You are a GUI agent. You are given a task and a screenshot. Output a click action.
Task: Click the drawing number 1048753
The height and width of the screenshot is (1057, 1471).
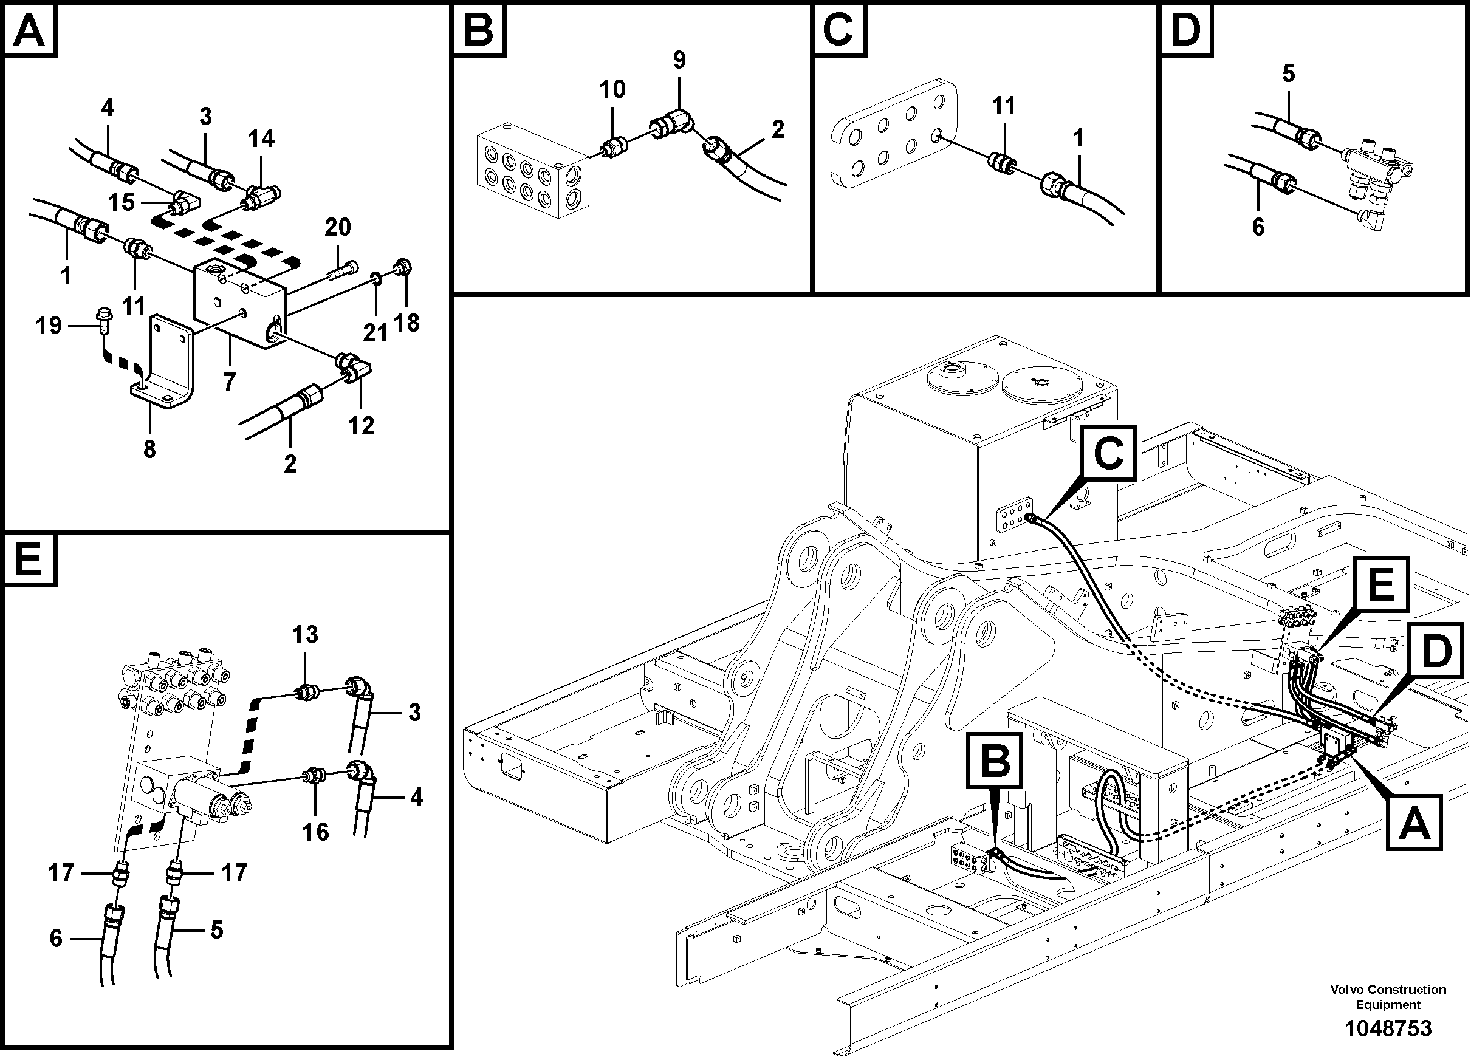(1387, 1029)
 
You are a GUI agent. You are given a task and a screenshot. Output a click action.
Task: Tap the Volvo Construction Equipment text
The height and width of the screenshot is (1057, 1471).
(1387, 997)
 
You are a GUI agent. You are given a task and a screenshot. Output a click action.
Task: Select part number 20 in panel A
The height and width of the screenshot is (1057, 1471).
(337, 227)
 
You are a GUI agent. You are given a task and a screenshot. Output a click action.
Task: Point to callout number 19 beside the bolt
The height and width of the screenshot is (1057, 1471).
(49, 325)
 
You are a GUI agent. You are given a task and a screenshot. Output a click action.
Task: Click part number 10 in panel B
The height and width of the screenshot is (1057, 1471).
(612, 89)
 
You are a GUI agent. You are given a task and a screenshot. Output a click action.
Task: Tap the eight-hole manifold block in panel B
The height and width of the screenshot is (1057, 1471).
(532, 174)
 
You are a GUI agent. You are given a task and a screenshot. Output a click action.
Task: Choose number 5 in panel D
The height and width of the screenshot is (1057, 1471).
(1288, 74)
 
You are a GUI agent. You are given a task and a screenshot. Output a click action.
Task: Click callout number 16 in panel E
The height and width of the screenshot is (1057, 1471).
(315, 832)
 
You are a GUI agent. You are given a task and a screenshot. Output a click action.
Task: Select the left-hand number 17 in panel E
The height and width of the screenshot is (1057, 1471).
(61, 873)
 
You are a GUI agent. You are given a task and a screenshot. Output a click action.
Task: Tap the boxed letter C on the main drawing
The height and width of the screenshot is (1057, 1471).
(1108, 453)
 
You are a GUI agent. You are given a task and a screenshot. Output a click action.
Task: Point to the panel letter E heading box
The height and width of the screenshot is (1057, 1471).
(30, 559)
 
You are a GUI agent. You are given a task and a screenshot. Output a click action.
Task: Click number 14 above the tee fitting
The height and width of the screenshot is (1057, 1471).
(261, 138)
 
